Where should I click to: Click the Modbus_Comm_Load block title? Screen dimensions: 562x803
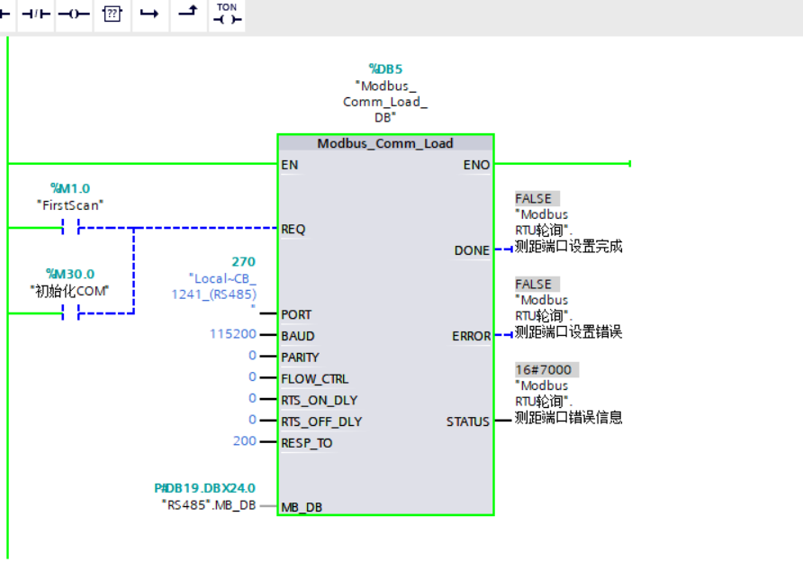click(385, 143)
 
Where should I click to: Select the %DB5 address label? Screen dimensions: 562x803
click(385, 68)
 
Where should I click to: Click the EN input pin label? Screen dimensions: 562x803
click(290, 165)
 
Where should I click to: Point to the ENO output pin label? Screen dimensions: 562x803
click(476, 165)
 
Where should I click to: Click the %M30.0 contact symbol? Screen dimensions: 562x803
click(70, 313)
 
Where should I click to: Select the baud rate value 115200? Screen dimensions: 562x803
click(230, 334)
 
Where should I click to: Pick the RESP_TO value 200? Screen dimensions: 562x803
click(244, 440)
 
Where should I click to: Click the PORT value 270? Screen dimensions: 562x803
click(243, 262)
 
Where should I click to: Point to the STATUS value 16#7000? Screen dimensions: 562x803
click(543, 369)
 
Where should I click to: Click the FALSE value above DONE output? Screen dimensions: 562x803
click(534, 198)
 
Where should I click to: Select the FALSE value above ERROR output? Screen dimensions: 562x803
click(534, 284)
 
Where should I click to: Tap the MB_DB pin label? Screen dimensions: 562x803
click(302, 507)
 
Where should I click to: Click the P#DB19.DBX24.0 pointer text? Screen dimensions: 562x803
click(204, 488)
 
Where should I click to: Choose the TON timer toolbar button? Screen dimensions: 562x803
click(227, 14)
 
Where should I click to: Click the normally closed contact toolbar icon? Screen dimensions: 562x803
click(36, 14)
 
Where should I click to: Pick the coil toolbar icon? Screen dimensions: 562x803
click(74, 14)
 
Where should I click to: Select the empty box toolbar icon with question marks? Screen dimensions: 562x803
click(112, 14)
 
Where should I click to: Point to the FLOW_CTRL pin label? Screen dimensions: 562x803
click(314, 378)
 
